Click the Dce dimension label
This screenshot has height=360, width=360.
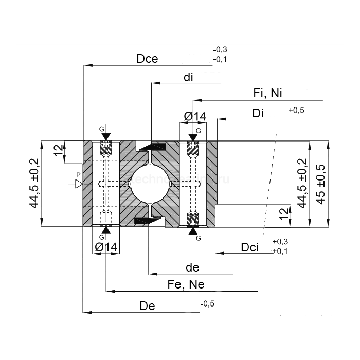147,59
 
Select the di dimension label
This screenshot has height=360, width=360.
188,78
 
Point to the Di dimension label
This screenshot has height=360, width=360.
258,113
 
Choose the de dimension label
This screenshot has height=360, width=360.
192,267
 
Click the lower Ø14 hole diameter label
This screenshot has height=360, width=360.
106,247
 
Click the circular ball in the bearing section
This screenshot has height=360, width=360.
149,183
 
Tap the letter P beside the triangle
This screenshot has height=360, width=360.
78,175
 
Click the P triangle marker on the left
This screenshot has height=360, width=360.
79,184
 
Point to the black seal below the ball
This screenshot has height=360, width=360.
147,221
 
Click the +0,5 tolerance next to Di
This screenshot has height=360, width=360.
297,110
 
